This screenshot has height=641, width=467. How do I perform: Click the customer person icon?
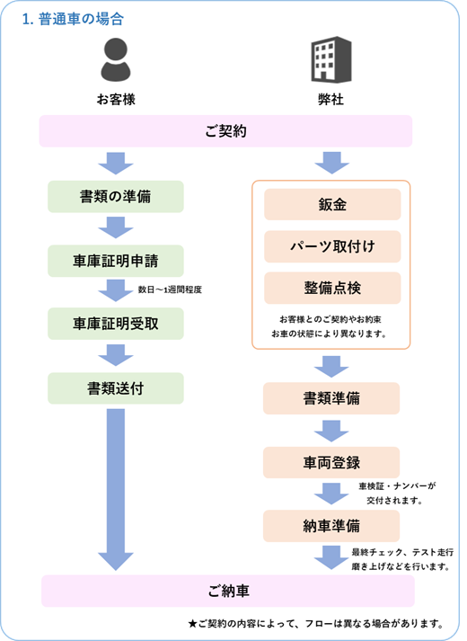pos(116,59)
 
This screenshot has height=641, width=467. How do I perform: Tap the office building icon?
pos(331,59)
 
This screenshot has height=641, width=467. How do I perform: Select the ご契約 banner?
pos(225,131)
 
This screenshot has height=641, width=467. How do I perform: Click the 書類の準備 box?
pos(116,197)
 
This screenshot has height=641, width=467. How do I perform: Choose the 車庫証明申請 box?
pos(116,261)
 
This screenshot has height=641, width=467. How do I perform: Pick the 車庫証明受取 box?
pos(116,324)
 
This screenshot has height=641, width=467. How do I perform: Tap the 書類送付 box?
pos(116,388)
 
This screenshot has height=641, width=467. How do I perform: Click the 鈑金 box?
pos(332,204)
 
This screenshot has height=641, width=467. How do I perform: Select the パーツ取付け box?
pos(332,246)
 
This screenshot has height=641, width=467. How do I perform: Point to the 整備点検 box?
pos(332,288)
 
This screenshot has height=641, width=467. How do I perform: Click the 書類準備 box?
pos(331,398)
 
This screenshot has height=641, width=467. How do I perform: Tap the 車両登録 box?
pos(331,462)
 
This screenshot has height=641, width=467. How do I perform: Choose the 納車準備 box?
pos(331,526)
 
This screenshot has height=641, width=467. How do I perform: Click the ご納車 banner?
pos(228,591)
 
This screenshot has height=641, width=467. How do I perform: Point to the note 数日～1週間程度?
pos(170,289)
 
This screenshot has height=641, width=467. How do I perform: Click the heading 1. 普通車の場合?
pos(73,19)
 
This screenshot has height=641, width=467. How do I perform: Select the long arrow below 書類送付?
pos(116,489)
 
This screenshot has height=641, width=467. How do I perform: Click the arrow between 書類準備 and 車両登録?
pos(331,431)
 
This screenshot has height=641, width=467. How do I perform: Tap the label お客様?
pos(116,99)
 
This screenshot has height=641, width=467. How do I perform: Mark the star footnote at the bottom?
pos(316,623)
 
